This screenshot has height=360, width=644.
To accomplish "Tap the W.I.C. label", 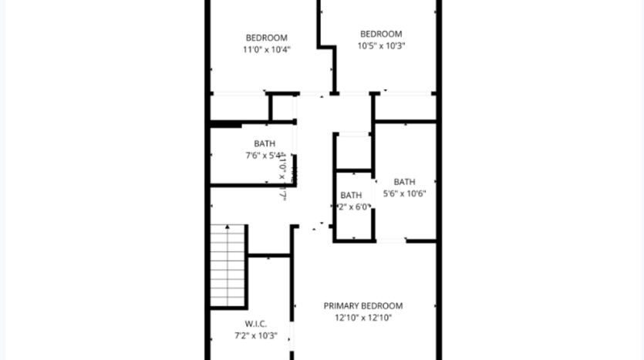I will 256,324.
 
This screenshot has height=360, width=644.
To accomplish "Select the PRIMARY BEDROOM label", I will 362,306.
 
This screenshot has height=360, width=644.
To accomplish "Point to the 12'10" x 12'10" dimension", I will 362,317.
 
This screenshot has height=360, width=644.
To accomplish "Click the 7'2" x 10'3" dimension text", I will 256,335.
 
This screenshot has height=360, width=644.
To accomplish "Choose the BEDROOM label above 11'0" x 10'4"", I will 266,38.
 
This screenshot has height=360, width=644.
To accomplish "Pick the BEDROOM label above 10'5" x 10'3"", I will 381,34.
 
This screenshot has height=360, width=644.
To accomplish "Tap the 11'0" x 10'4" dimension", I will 266,49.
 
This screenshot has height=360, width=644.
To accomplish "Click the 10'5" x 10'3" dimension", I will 381,45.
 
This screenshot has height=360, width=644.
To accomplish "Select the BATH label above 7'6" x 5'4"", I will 265,143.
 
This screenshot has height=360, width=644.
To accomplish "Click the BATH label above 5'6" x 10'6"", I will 405,182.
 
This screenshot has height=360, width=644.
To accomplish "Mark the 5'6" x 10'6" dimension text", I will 405,193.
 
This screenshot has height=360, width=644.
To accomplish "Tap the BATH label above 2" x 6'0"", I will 351,195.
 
